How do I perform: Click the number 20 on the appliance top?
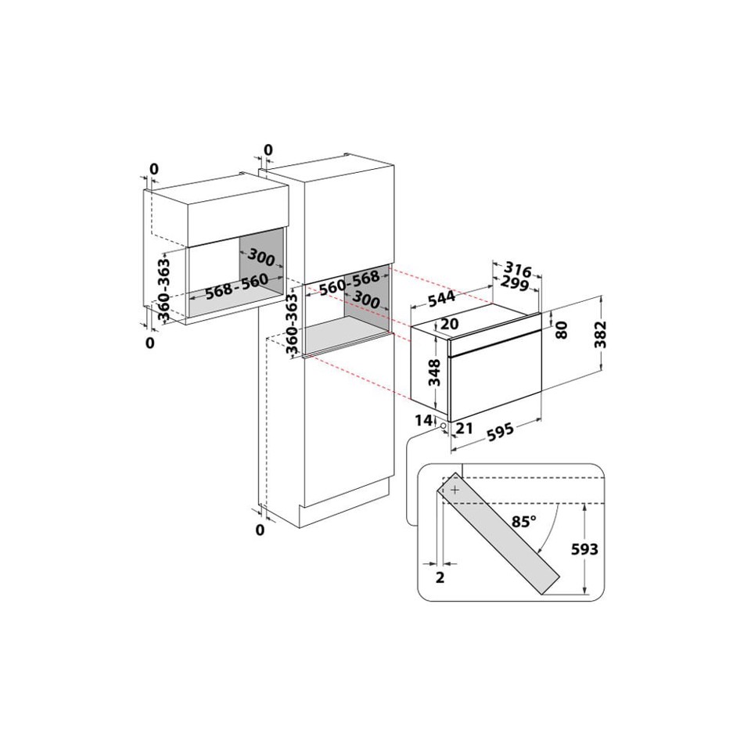click(x=448, y=324)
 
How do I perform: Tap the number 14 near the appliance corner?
click(x=423, y=420)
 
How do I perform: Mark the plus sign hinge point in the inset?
click(x=455, y=489)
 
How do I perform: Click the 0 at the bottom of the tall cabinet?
click(x=261, y=530)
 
